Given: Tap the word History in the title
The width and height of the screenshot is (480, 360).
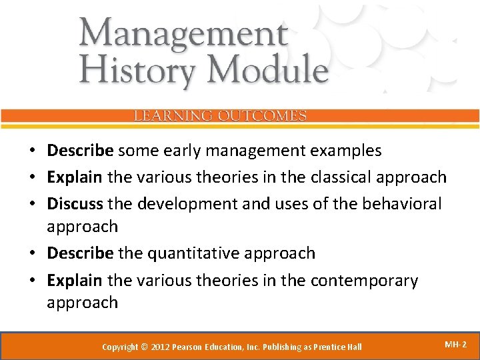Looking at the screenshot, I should click(131, 69).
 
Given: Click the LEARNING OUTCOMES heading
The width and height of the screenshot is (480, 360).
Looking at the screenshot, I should click(220, 116).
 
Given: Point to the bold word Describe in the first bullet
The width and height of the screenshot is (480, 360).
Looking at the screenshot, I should click(80, 151).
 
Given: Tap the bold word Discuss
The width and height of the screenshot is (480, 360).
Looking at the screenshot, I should click(75, 203).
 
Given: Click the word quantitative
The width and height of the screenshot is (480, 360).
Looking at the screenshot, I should click(187, 253).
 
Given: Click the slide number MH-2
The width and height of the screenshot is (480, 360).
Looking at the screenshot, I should click(455, 345).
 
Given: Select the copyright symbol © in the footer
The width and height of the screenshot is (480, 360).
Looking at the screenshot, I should click(145, 347).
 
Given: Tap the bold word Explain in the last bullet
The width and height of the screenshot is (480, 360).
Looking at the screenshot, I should click(75, 281).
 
